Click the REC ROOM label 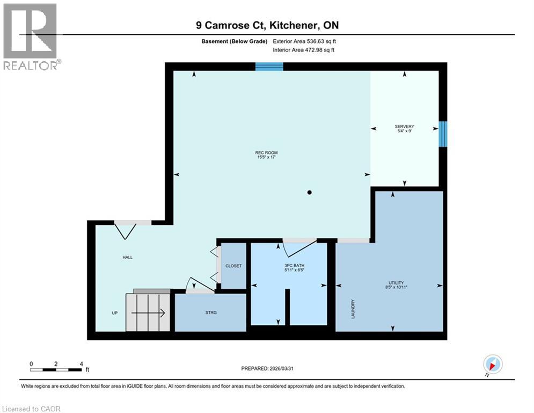266,153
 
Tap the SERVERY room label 404,127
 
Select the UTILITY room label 396,283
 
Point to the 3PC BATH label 289,266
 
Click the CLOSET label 233,266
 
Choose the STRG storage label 211,312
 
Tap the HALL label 127,257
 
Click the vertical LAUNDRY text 353,309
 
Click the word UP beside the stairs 115,312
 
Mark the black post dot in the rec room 309,192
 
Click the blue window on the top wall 269,66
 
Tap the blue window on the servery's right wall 443,133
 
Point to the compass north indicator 492,364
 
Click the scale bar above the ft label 56,369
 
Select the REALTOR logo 31,37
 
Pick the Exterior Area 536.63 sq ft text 304,41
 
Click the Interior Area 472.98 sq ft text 304,50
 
